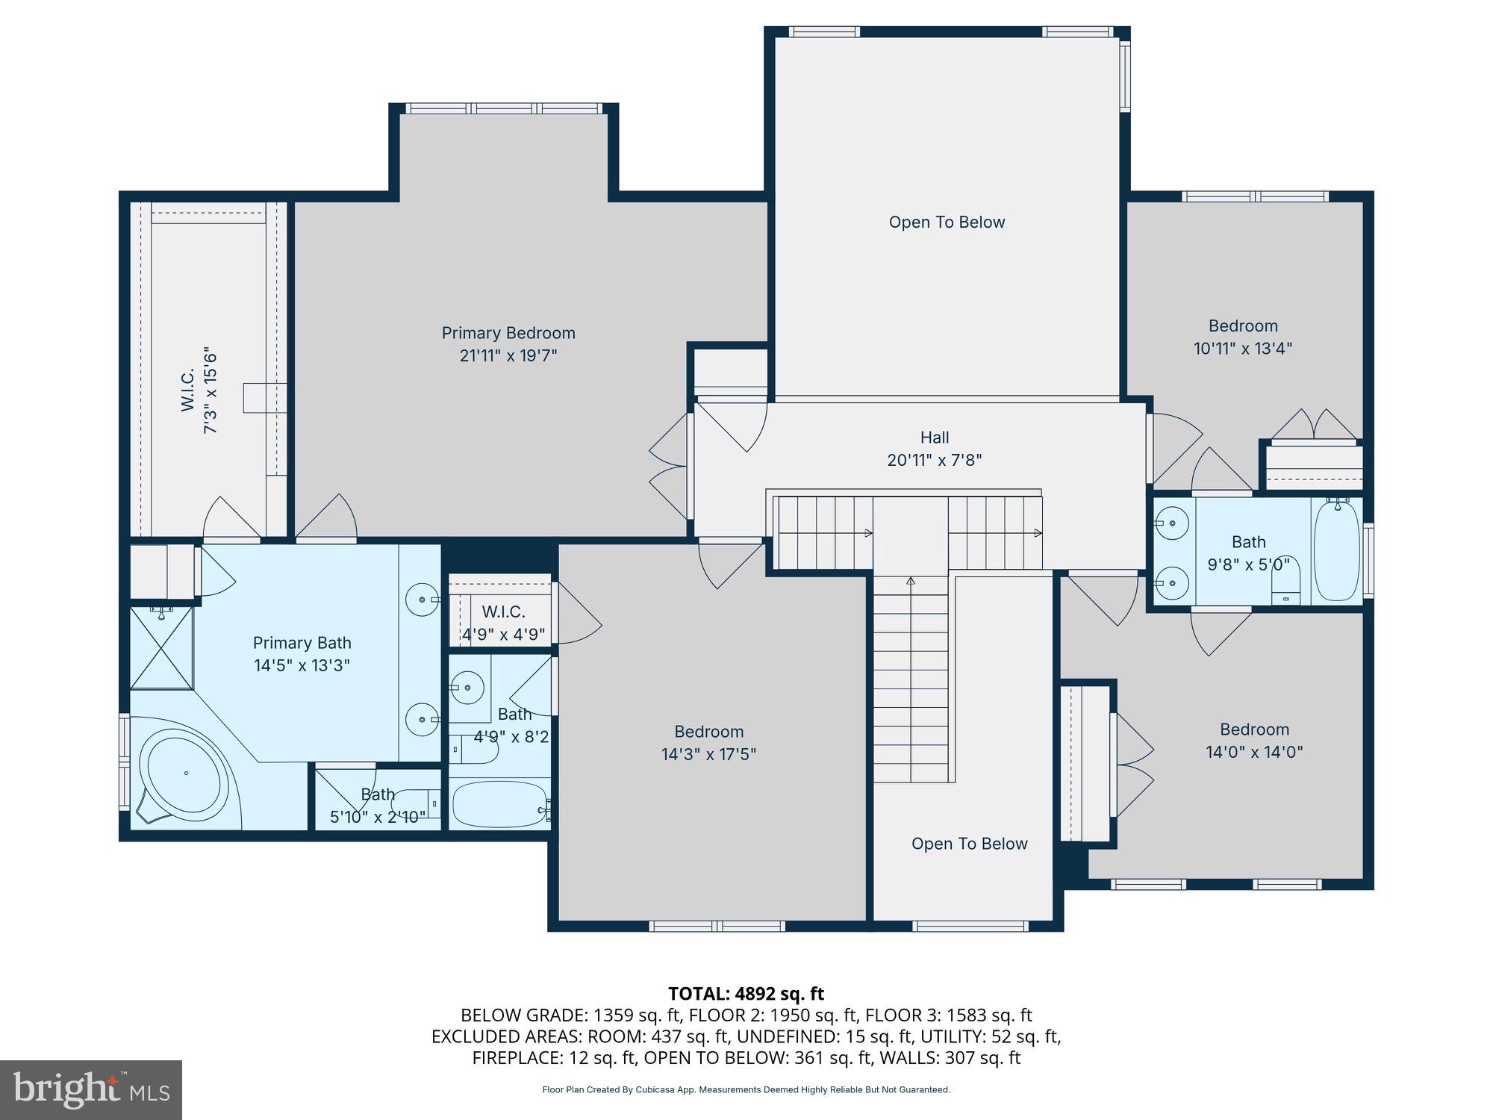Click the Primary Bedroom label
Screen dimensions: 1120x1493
pos(508,333)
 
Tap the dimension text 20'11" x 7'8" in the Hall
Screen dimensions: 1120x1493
pos(934,461)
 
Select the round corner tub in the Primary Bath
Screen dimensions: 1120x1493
pos(184,773)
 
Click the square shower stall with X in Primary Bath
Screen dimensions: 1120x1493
pos(161,648)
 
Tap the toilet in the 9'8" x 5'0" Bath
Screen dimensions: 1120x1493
pos(1285,582)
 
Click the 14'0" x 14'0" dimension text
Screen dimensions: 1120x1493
pos(1254,752)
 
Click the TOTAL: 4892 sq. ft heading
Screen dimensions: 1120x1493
pos(746,994)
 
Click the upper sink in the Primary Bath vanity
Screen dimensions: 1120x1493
pos(423,599)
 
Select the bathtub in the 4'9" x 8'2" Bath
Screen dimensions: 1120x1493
pos(499,804)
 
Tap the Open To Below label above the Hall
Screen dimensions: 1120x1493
pos(947,223)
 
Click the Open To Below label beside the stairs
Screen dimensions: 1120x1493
pos(969,844)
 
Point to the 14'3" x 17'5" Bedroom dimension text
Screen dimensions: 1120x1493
pos(708,755)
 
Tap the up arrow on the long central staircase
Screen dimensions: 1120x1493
pos(910,581)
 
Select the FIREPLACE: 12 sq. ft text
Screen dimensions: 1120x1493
pos(555,1058)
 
